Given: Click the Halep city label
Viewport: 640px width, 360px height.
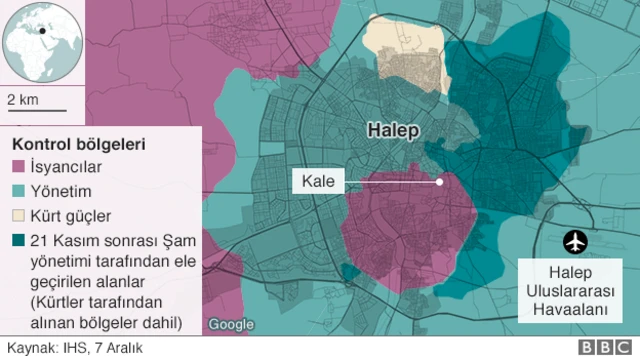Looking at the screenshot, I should [391, 131].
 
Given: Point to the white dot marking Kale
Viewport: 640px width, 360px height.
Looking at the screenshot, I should [439, 182].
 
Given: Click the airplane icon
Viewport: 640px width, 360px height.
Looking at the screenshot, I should [574, 241].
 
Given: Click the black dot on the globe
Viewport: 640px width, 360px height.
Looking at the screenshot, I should [43, 30].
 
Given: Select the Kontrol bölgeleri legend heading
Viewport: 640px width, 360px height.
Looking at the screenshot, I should [77, 144].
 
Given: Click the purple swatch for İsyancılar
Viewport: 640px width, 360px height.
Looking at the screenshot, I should [19, 168].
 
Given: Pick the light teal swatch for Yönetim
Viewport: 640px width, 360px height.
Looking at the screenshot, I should [19, 192].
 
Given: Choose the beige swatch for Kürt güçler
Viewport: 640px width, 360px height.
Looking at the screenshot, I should [19, 216].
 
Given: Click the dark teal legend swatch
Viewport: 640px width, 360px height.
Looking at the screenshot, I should [19, 240].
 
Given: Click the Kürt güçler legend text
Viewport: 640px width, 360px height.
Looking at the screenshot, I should [71, 216].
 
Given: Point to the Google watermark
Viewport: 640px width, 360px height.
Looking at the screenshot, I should [231, 324].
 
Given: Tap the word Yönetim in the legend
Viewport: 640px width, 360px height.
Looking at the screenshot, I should [61, 192].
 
